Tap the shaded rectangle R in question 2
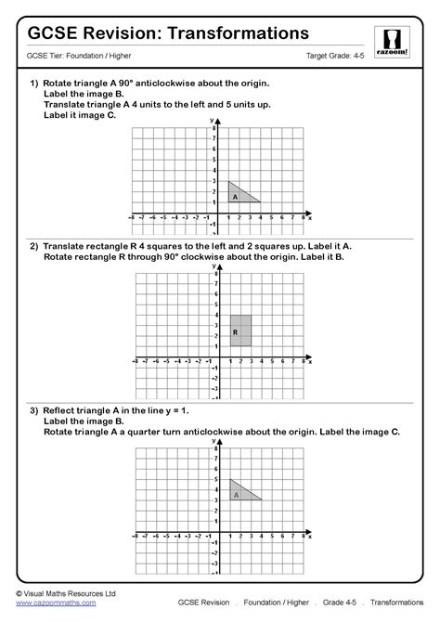pos(239,330)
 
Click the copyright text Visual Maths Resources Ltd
pos(70,591)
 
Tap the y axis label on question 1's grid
pos(214,122)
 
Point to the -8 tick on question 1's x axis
pos(134,219)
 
